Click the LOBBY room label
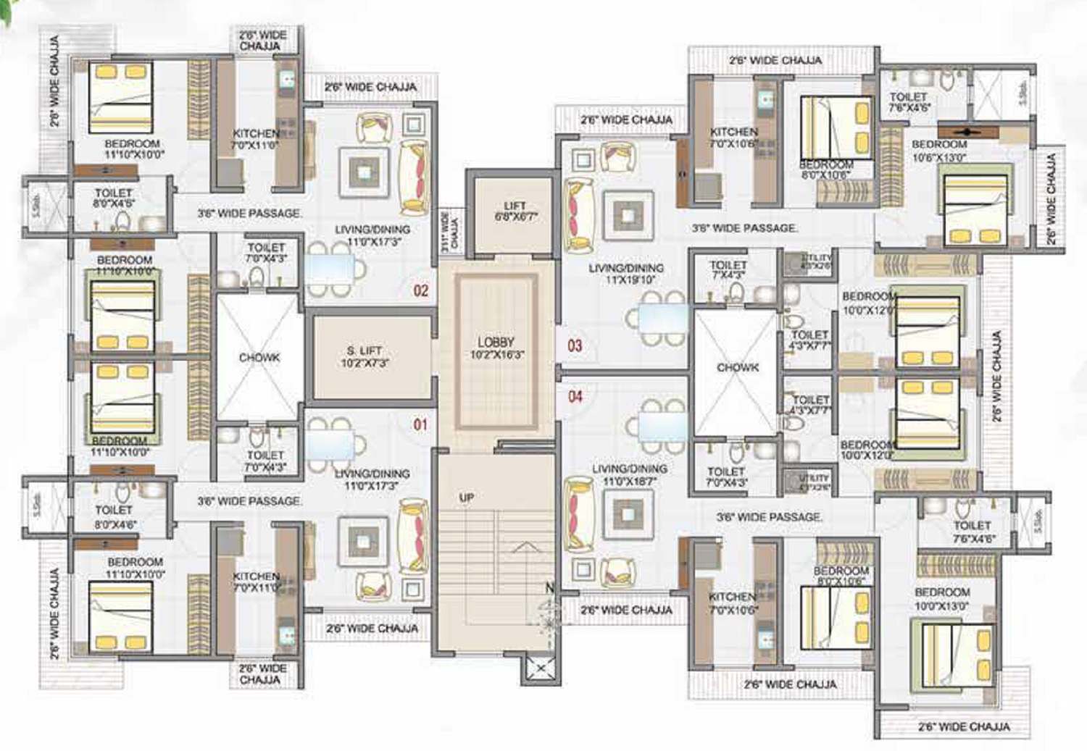(496, 348)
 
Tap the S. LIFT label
(365, 356)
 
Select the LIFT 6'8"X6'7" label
(515, 211)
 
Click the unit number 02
(421, 290)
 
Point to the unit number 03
(575, 345)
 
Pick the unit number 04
(575, 396)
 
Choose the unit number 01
(420, 424)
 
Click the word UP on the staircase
(467, 498)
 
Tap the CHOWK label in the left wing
(259, 358)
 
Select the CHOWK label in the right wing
(738, 368)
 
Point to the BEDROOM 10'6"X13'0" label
(939, 151)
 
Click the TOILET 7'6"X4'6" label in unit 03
(909, 101)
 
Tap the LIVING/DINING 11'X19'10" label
(626, 274)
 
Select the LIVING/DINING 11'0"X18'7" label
(629, 474)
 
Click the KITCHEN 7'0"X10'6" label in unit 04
(733, 603)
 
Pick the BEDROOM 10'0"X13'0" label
(941, 598)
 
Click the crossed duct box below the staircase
(539, 668)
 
